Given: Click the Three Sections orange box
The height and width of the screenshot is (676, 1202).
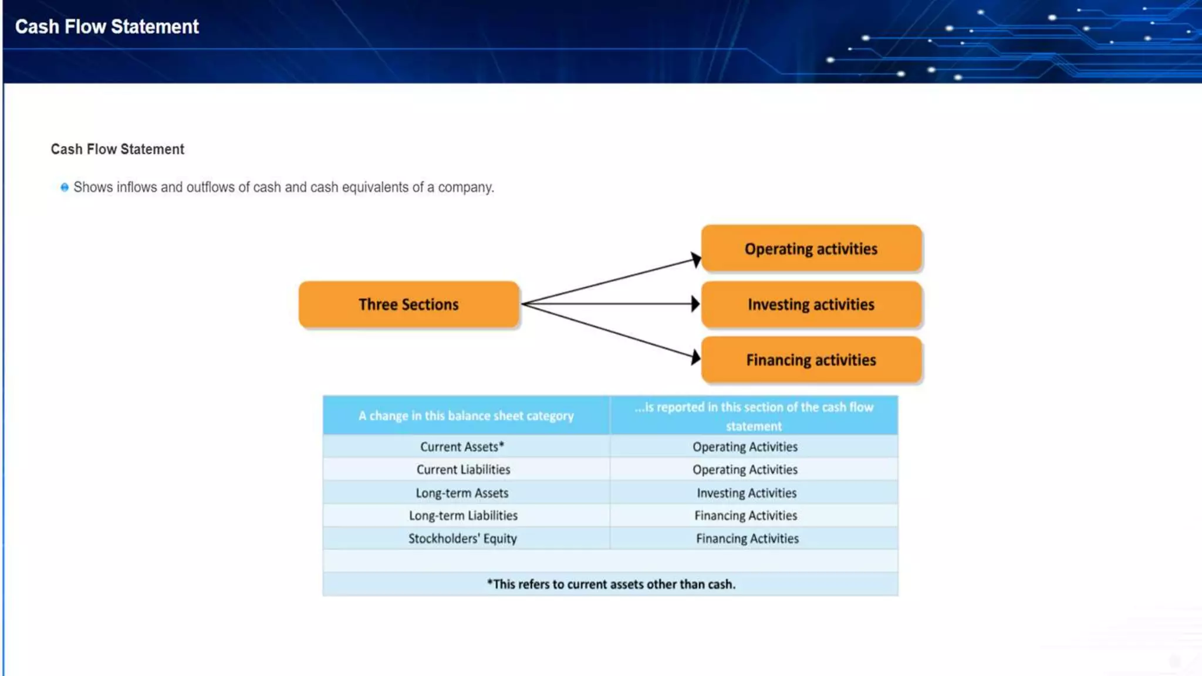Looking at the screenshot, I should pyautogui.click(x=408, y=305).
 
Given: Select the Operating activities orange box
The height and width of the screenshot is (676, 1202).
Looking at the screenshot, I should pyautogui.click(x=811, y=249).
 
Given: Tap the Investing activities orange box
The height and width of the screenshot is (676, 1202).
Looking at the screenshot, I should pyautogui.click(x=811, y=305).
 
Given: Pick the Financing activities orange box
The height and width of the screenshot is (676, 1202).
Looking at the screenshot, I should pyautogui.click(x=811, y=360).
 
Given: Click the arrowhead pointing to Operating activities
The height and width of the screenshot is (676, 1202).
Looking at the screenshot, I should pyautogui.click(x=695, y=259).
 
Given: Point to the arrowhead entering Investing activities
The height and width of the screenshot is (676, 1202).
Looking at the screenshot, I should pyautogui.click(x=695, y=304).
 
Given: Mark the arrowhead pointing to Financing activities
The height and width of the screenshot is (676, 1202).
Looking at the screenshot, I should pyautogui.click(x=695, y=357).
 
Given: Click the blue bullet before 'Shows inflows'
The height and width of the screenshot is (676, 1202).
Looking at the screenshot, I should pyautogui.click(x=65, y=188).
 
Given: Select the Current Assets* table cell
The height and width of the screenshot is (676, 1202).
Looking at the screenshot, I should pyautogui.click(x=462, y=447).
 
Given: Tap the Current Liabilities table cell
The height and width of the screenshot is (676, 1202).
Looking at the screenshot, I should pyautogui.click(x=464, y=469).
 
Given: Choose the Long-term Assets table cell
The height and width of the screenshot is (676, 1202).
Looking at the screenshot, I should pyautogui.click(x=462, y=493).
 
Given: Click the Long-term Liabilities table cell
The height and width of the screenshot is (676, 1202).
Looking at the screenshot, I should pyautogui.click(x=464, y=516).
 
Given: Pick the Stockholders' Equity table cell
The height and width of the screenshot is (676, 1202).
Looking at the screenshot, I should pyautogui.click(x=462, y=539).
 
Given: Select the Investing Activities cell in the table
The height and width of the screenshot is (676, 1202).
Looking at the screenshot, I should pyautogui.click(x=747, y=493).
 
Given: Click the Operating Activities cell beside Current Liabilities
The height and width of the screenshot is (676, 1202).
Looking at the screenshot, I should pyautogui.click(x=745, y=469).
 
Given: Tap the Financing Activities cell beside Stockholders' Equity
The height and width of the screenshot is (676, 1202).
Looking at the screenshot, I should pyautogui.click(x=747, y=539).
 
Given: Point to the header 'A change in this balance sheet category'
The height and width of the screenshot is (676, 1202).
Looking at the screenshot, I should pyautogui.click(x=466, y=415).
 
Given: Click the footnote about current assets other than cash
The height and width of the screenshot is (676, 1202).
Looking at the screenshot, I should pyautogui.click(x=610, y=584).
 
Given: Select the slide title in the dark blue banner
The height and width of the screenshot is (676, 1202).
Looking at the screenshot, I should pyautogui.click(x=107, y=27).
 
